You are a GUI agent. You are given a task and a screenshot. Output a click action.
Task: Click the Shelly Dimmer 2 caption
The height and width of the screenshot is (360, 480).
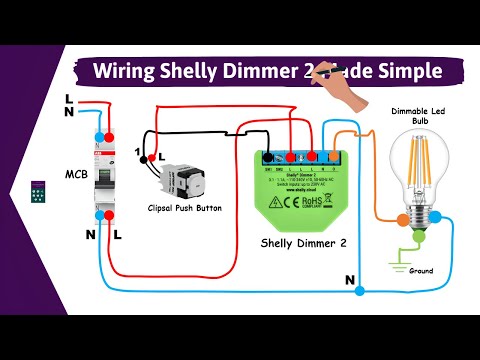coord(302,243)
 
